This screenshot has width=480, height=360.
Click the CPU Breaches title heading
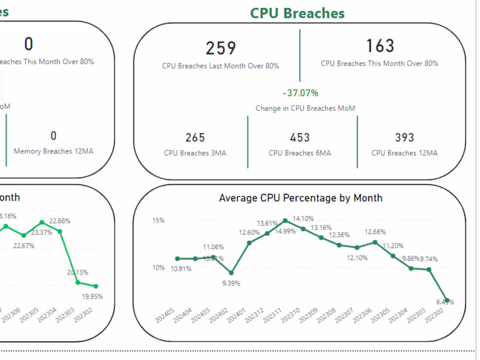pyautogui.click(x=297, y=13)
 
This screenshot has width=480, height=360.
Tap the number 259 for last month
pyautogui.click(x=221, y=48)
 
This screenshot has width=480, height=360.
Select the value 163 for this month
pyautogui.click(x=380, y=46)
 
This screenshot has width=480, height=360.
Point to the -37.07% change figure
pyautogui.click(x=300, y=93)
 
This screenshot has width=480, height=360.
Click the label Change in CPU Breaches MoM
pyautogui.click(x=305, y=108)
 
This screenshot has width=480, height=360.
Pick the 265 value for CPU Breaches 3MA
pyautogui.click(x=195, y=137)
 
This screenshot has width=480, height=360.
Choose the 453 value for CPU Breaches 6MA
pyautogui.click(x=300, y=137)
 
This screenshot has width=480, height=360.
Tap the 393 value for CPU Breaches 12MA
pyautogui.click(x=404, y=137)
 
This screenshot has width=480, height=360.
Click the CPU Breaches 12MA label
pyautogui.click(x=404, y=153)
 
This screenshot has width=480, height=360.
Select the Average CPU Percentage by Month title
pyautogui.click(x=300, y=198)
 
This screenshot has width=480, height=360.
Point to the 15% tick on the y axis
pyautogui.click(x=158, y=221)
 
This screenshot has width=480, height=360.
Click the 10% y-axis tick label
pyautogui.click(x=158, y=267)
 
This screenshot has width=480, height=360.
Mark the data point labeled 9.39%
pyautogui.click(x=231, y=273)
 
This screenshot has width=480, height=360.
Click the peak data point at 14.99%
pyautogui.click(x=285, y=221)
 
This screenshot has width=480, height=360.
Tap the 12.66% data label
pyautogui.click(x=375, y=232)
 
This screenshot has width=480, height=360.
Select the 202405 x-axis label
pyautogui.click(x=165, y=315)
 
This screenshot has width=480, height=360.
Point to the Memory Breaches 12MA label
pyautogui.click(x=53, y=151)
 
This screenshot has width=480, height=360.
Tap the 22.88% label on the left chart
pyautogui.click(x=60, y=221)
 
